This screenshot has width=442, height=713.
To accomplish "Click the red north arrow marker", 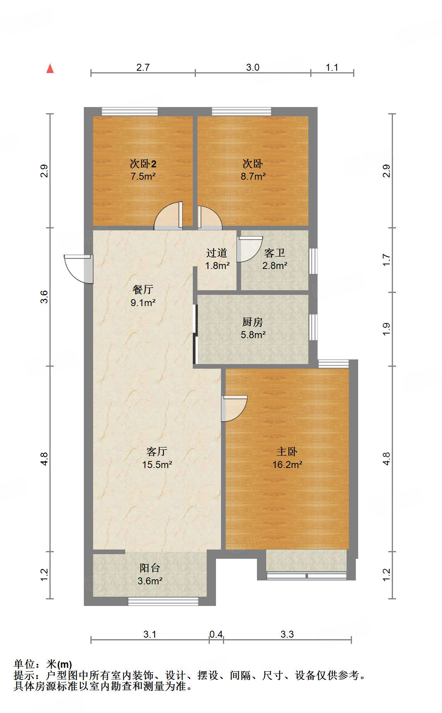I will coord(50,68).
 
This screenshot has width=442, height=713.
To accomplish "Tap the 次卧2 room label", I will coord(143,163).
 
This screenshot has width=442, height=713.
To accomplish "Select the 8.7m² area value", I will coord(253,177).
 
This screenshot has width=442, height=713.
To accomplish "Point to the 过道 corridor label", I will coord(217,253).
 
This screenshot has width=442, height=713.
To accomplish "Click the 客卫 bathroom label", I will coord(275,253).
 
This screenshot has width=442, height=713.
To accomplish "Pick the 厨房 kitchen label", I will coord(253,322).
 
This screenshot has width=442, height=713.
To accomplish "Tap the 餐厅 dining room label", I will coord(143,289).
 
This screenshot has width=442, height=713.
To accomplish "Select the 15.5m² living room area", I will coord(157,465).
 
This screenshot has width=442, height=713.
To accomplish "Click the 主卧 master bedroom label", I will coord(287,451).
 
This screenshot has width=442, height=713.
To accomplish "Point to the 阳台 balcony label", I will coord(150,568).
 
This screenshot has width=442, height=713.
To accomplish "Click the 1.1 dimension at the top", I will coord(332,68).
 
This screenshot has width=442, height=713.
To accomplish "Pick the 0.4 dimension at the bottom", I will coord(216,634).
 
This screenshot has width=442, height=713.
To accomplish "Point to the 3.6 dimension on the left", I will coord(44,297).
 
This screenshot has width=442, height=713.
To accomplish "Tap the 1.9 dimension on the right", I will coord(386,329).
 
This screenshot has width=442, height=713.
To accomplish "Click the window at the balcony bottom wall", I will coord(163,601).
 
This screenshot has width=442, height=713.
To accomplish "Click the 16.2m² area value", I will coord(287,465).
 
